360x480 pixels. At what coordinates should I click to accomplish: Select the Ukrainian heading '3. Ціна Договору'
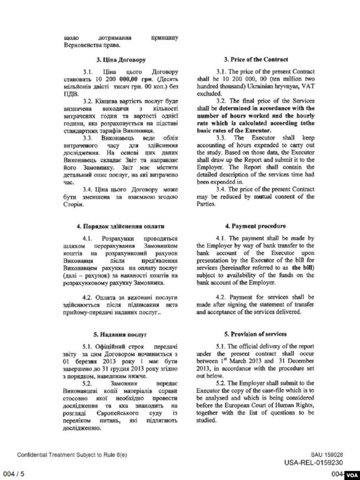coord(109,59)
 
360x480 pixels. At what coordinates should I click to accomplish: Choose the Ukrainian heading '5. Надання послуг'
coord(109,334)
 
